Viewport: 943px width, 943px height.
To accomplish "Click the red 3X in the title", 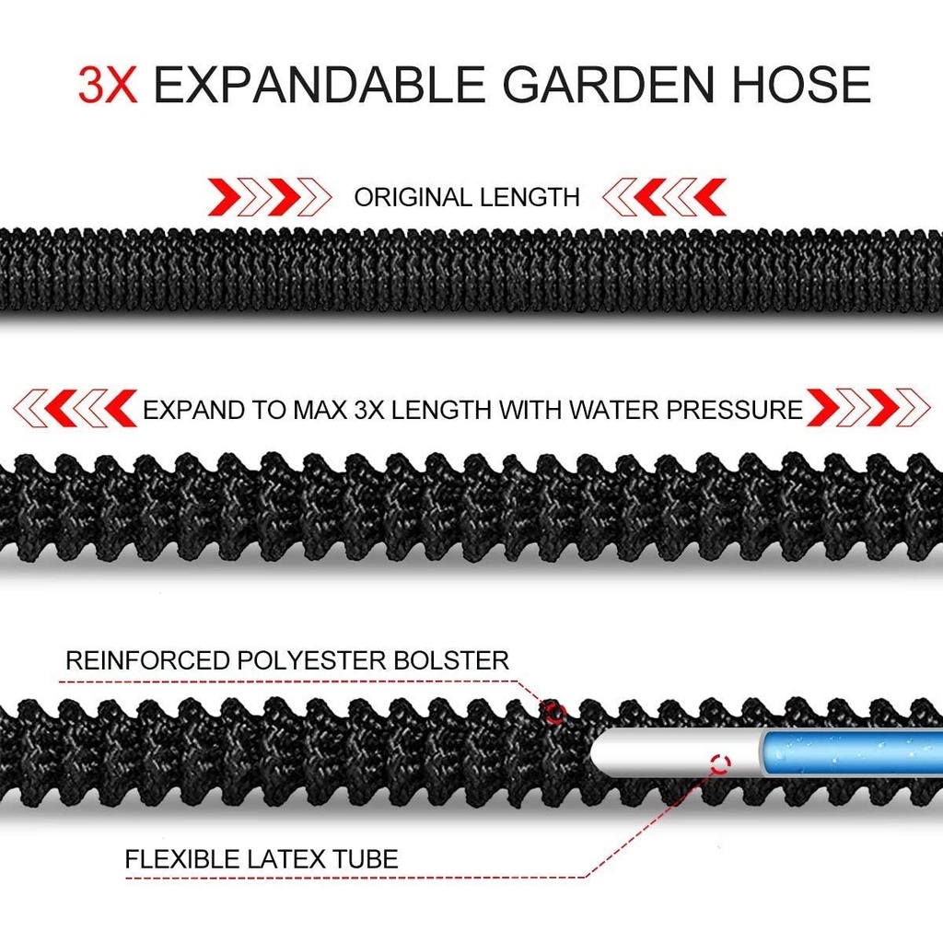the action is tap(108, 84).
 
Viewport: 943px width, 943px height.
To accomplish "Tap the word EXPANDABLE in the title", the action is tap(320, 84).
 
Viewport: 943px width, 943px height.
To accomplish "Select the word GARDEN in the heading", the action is tap(608, 84).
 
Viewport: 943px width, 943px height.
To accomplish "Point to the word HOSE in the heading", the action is tap(801, 84).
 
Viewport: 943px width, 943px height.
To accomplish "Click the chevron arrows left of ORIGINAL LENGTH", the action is tap(270, 197).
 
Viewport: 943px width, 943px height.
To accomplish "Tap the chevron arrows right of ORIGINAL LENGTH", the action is tap(664, 197).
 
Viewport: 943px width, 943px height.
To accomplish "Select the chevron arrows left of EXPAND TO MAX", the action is tap(76, 408).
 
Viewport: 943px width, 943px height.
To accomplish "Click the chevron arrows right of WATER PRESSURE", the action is tap(868, 408).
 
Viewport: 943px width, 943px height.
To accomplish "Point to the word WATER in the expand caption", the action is tap(613, 410).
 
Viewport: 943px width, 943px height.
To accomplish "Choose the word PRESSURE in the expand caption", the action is tap(734, 410).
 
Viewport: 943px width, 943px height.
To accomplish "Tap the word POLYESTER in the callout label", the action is tap(311, 660).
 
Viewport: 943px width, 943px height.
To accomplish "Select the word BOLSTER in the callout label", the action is tap(451, 660).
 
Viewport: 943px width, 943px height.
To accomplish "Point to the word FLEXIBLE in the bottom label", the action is tap(182, 859).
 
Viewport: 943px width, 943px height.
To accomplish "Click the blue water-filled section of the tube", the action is tap(852, 754).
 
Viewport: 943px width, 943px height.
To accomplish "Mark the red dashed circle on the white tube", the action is tap(720, 763).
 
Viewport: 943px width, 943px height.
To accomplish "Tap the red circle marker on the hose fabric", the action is tap(555, 714).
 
